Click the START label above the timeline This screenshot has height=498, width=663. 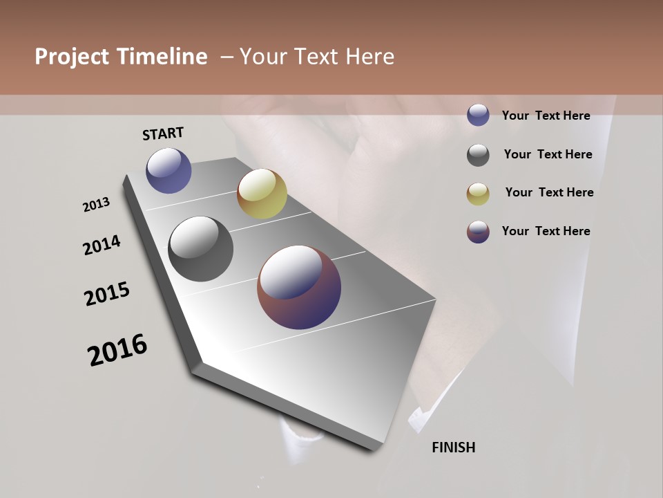point(163,133)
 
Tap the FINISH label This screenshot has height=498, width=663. point(454,448)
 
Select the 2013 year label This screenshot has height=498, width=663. point(97,205)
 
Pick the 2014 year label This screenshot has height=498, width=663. point(102,245)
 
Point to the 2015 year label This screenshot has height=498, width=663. point(107,294)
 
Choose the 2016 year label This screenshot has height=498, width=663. point(117,349)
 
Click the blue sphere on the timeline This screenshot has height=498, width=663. point(169,170)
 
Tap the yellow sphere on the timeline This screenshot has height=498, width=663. point(262,194)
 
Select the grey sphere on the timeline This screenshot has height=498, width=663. point(201,249)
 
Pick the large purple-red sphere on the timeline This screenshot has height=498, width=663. point(299,287)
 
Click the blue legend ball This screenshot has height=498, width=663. point(478,116)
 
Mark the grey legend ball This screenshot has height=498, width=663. point(478,155)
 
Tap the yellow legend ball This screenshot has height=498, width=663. point(478,194)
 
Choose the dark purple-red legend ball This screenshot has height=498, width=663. point(478,232)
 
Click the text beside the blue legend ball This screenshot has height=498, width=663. point(546,116)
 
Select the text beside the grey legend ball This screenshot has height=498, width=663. point(548,154)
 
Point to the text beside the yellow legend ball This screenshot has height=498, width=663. point(549,192)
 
